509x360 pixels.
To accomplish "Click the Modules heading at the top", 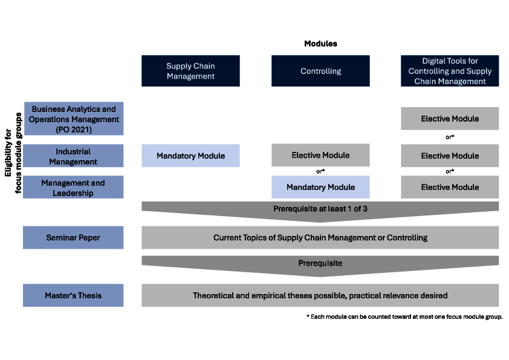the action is (x=320, y=44).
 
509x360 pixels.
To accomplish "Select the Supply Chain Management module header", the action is (x=190, y=71).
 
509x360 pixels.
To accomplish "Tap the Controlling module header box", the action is (x=320, y=71).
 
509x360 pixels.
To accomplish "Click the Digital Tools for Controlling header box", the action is (x=450, y=71).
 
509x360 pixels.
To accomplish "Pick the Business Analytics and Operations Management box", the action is (x=74, y=119).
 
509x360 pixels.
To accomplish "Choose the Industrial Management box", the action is (x=73, y=156).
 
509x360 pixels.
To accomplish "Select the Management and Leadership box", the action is (x=73, y=187).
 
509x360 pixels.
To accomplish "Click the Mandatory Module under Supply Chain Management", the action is (x=190, y=156).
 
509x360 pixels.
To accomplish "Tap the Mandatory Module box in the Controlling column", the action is (x=320, y=187).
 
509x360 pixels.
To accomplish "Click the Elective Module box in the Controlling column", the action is (x=320, y=155).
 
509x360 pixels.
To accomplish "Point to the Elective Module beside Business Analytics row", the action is (x=450, y=119).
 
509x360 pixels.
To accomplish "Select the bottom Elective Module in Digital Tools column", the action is (x=450, y=187).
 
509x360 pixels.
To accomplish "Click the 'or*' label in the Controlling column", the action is (x=320, y=171).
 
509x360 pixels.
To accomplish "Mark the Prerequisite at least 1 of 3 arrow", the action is (x=320, y=211).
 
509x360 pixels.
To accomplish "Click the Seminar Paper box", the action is (x=73, y=238).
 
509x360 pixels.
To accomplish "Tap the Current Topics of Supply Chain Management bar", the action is (x=320, y=238).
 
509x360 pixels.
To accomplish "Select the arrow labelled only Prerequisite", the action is (x=320, y=266).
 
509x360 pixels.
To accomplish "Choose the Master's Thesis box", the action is (x=73, y=295).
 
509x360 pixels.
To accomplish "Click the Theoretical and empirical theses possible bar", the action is (x=320, y=295).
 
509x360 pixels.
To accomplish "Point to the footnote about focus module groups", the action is (x=404, y=317).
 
